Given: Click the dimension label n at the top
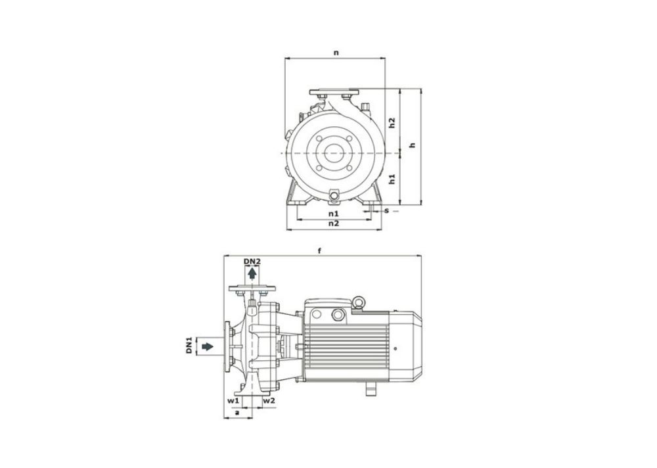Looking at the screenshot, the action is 336,53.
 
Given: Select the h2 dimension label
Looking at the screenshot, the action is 392,123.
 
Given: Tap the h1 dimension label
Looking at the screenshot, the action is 392,179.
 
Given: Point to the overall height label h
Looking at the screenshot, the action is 413,145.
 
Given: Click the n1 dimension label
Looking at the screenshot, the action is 334,214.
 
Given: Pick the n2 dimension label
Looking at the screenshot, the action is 334,223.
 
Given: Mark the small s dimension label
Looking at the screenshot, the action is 387,210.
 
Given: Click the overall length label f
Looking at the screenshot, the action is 320,251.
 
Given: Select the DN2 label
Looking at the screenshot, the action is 252,261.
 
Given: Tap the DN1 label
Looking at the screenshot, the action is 189,344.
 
